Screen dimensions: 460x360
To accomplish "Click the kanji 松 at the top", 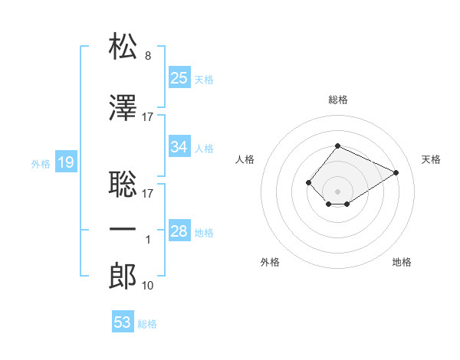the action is point(123,46).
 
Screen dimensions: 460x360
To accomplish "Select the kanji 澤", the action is point(123,107).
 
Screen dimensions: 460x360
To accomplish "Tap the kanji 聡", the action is point(123,184).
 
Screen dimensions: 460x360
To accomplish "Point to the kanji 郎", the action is point(123,276).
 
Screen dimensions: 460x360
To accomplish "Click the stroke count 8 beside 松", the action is point(148,56).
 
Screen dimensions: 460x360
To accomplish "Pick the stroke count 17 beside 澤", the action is point(147,117).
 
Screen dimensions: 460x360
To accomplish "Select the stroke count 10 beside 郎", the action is point(147,286).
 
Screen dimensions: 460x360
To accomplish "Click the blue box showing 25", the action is point(179,77).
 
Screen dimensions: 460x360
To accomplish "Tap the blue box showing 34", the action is point(179,146).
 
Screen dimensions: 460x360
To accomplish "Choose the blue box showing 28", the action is point(179,230).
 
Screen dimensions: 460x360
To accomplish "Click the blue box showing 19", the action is point(66,162).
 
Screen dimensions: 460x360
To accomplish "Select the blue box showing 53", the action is point(123,321).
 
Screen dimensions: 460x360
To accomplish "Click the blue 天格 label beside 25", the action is point(204,80).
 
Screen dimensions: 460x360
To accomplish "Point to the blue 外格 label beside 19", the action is point(41,164).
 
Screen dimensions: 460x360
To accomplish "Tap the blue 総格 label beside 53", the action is point(147,324).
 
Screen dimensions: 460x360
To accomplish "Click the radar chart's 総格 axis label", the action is point(338,100).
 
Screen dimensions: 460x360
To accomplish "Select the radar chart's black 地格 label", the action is point(402,262).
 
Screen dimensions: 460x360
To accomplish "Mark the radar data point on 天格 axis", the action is point(396,172).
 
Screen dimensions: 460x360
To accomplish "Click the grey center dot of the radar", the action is point(337,191).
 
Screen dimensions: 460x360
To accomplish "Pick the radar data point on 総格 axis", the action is point(337,146).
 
